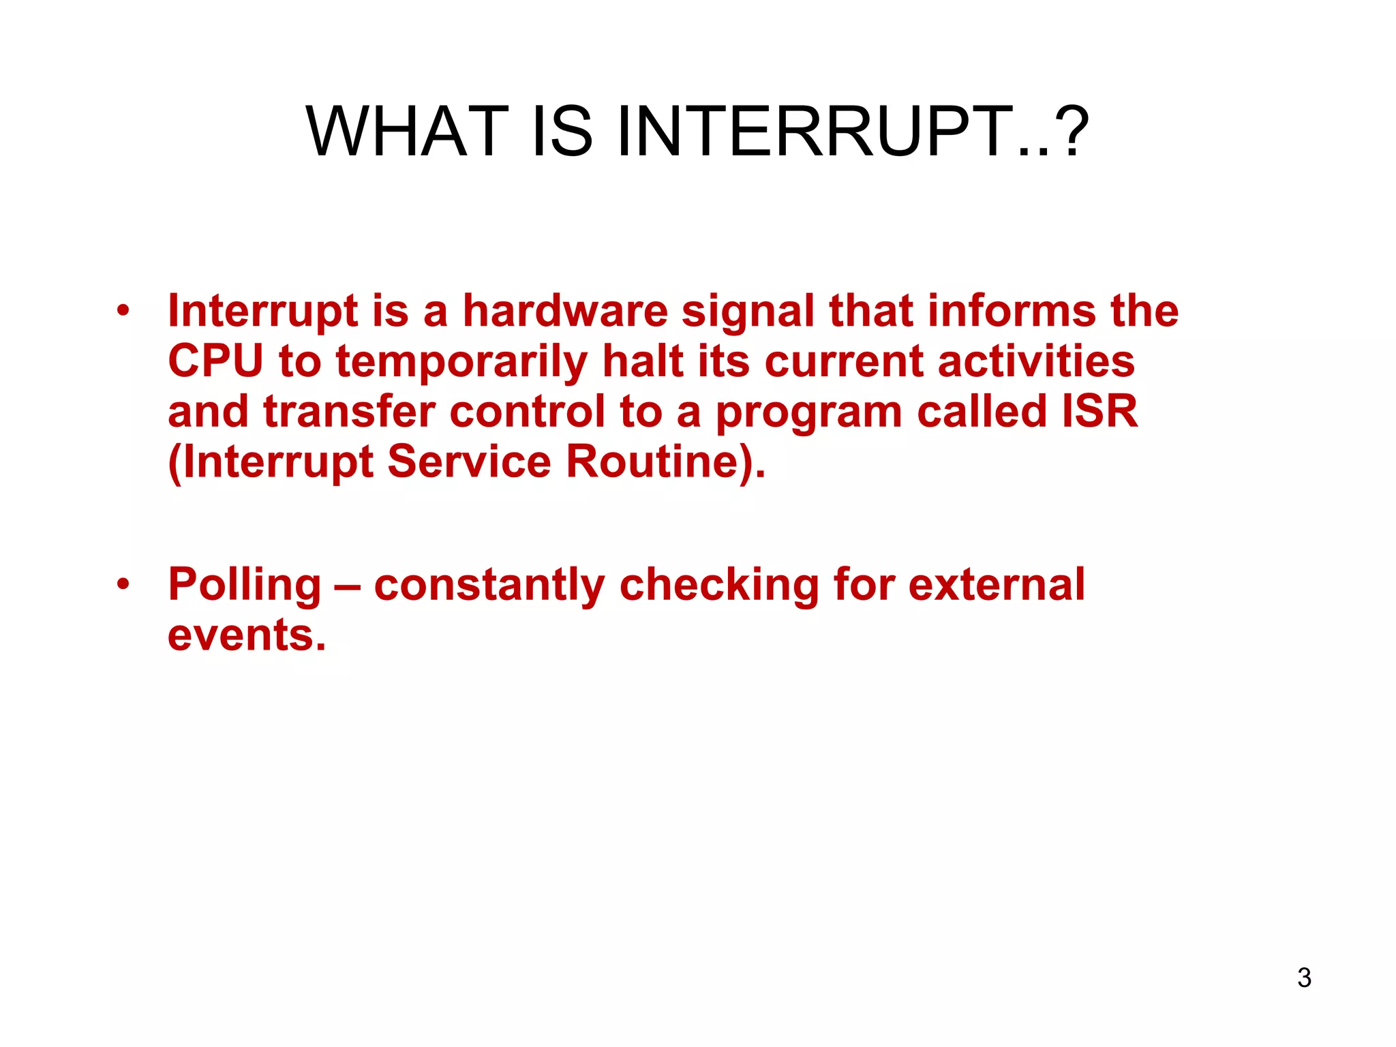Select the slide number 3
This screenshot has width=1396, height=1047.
pyautogui.click(x=1304, y=978)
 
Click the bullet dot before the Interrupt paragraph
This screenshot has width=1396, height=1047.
pyautogui.click(x=123, y=312)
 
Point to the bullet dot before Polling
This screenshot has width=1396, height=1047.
pyautogui.click(x=123, y=585)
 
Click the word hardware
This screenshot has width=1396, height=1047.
pyautogui.click(x=565, y=312)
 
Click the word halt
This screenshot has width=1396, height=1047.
pyautogui.click(x=642, y=361)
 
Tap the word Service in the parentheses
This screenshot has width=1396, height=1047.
pyautogui.click(x=469, y=461)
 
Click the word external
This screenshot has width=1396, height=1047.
pyautogui.click(x=997, y=585)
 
